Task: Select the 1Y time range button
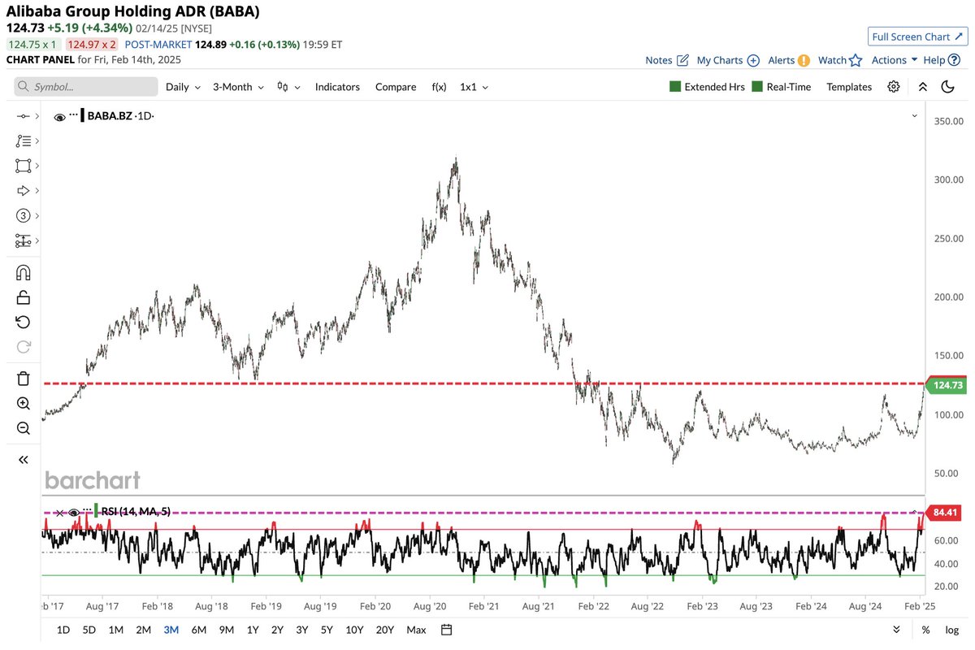click(253, 630)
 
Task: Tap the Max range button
click(416, 630)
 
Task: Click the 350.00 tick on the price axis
click(947, 121)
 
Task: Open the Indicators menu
click(337, 87)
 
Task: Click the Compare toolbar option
click(396, 87)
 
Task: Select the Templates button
click(849, 87)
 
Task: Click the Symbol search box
click(86, 87)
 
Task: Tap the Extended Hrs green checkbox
click(675, 87)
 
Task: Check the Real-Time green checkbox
click(758, 87)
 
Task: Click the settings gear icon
click(894, 87)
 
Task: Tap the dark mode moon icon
click(947, 87)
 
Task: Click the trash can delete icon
click(24, 379)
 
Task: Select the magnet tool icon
click(24, 272)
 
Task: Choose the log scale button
click(951, 630)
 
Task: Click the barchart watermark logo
click(93, 480)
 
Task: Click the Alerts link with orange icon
click(789, 60)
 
